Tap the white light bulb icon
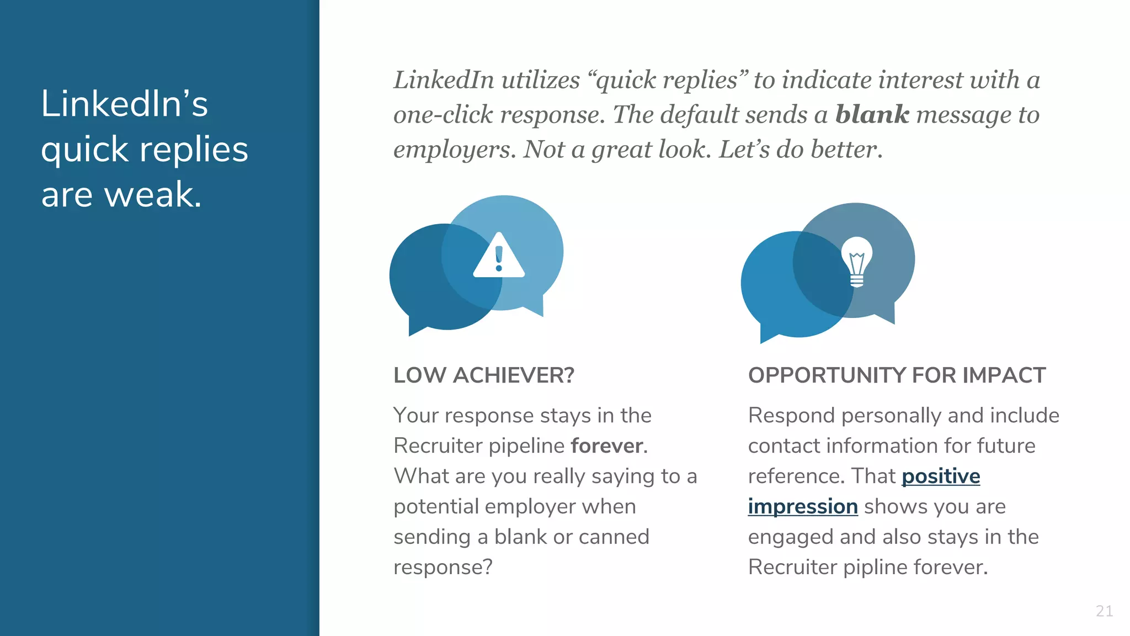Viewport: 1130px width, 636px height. [x=856, y=262]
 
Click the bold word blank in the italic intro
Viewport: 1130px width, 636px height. [x=872, y=115]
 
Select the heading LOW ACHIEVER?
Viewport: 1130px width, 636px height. [x=483, y=375]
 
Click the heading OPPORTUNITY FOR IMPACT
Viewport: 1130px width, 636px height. [x=897, y=375]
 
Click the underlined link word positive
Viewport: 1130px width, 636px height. [x=941, y=476]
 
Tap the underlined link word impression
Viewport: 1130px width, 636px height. [x=803, y=506]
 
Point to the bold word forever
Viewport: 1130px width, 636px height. [x=607, y=446]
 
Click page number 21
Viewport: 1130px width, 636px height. [x=1104, y=611]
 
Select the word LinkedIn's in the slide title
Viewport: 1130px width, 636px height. [x=124, y=104]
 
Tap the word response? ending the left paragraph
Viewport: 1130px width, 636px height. [x=443, y=567]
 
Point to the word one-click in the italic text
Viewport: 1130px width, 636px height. [x=443, y=115]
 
